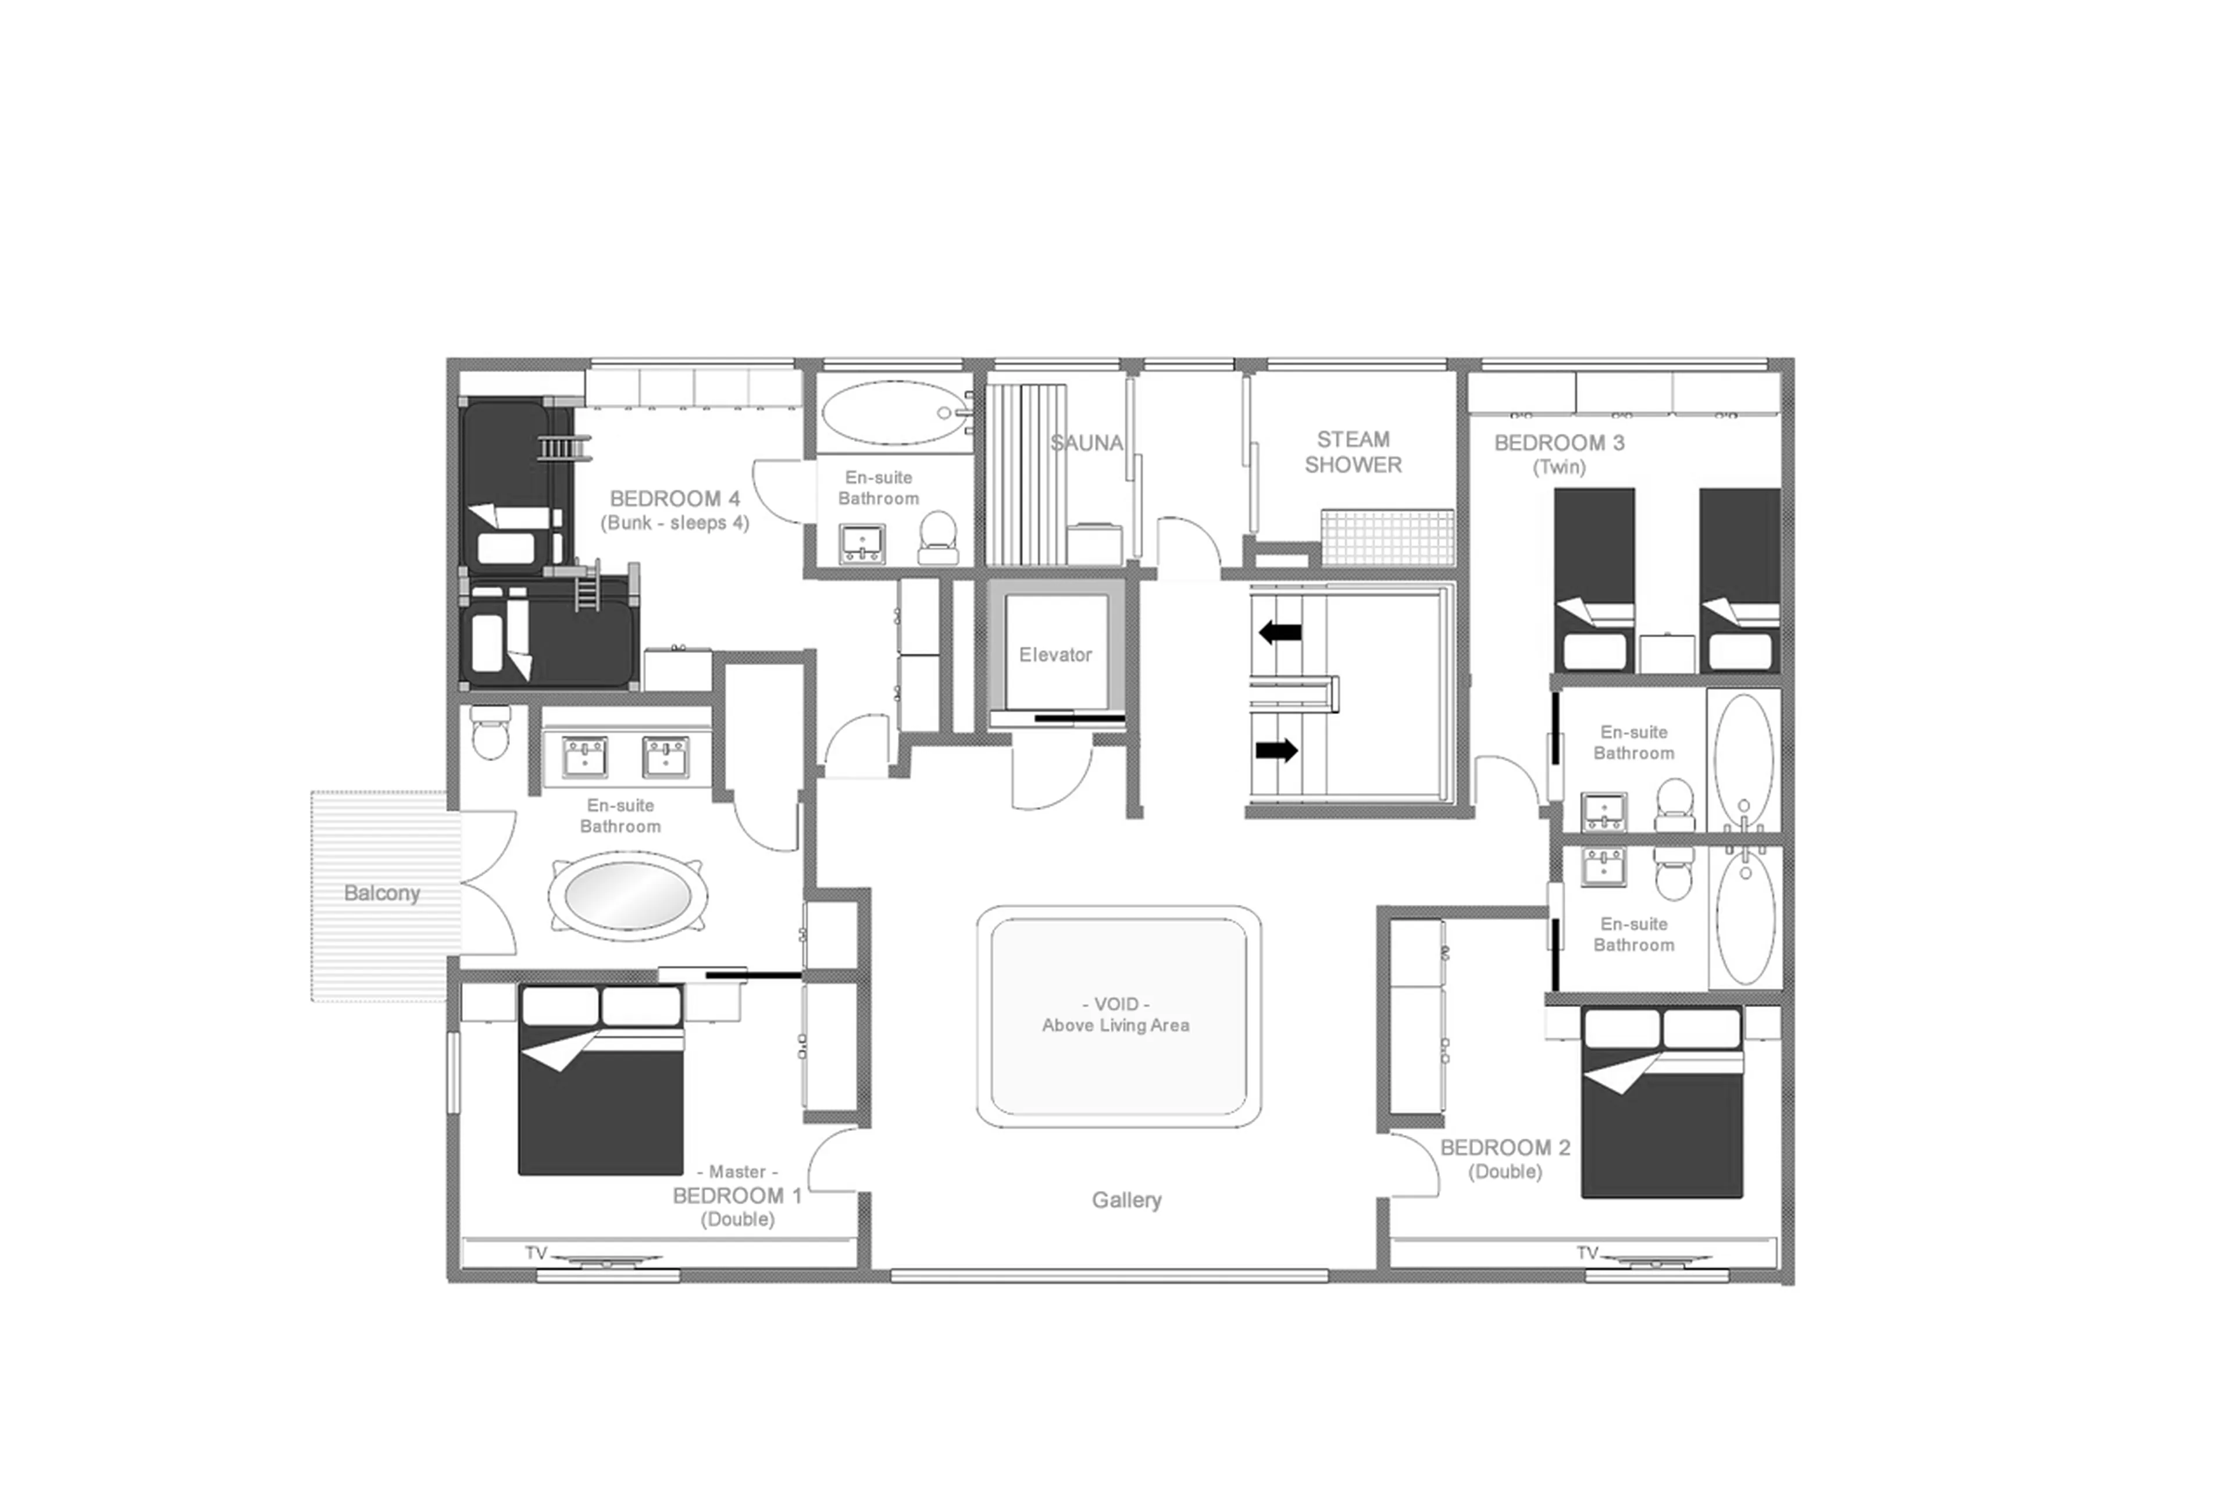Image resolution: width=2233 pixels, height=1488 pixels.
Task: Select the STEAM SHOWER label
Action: (1353, 452)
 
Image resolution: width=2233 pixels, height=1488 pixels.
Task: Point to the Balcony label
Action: (381, 893)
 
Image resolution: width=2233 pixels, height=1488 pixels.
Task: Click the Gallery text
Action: (1126, 1200)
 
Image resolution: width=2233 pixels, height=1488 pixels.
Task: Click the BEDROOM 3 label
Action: (1558, 443)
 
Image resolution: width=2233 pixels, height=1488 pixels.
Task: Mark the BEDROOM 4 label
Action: (674, 499)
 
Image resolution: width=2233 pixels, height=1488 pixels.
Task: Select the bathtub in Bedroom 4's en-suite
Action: (894, 413)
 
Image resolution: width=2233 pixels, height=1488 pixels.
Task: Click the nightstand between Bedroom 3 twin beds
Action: (1667, 653)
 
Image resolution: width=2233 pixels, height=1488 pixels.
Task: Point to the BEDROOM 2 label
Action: (1504, 1147)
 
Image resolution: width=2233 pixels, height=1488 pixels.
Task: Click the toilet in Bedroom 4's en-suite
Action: (937, 538)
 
